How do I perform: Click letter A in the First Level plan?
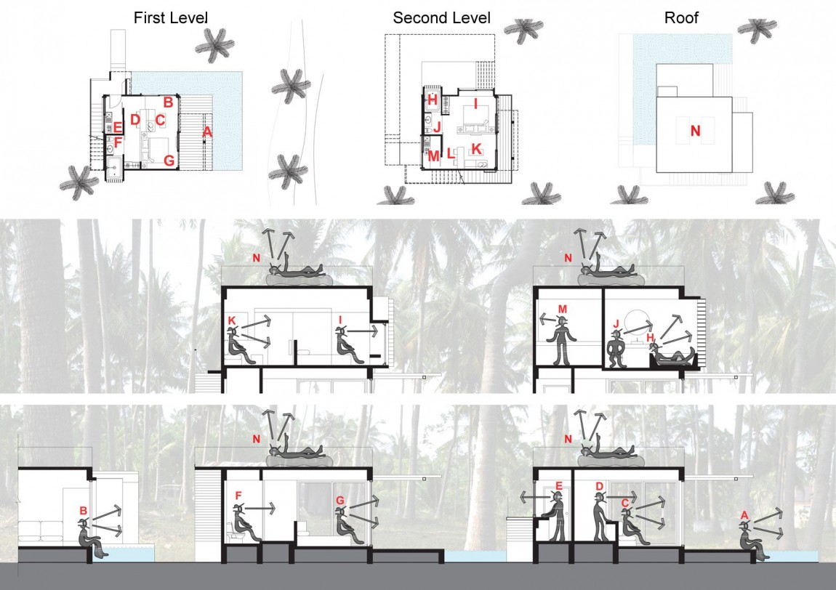207,132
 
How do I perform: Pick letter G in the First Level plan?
169,161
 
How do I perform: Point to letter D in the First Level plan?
134,119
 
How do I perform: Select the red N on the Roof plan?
695,132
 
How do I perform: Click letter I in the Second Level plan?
476,105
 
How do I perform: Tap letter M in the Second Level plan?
433,155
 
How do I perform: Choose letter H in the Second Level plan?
432,100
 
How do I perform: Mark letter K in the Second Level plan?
476,148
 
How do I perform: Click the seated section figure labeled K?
238,345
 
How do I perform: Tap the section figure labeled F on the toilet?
244,525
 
